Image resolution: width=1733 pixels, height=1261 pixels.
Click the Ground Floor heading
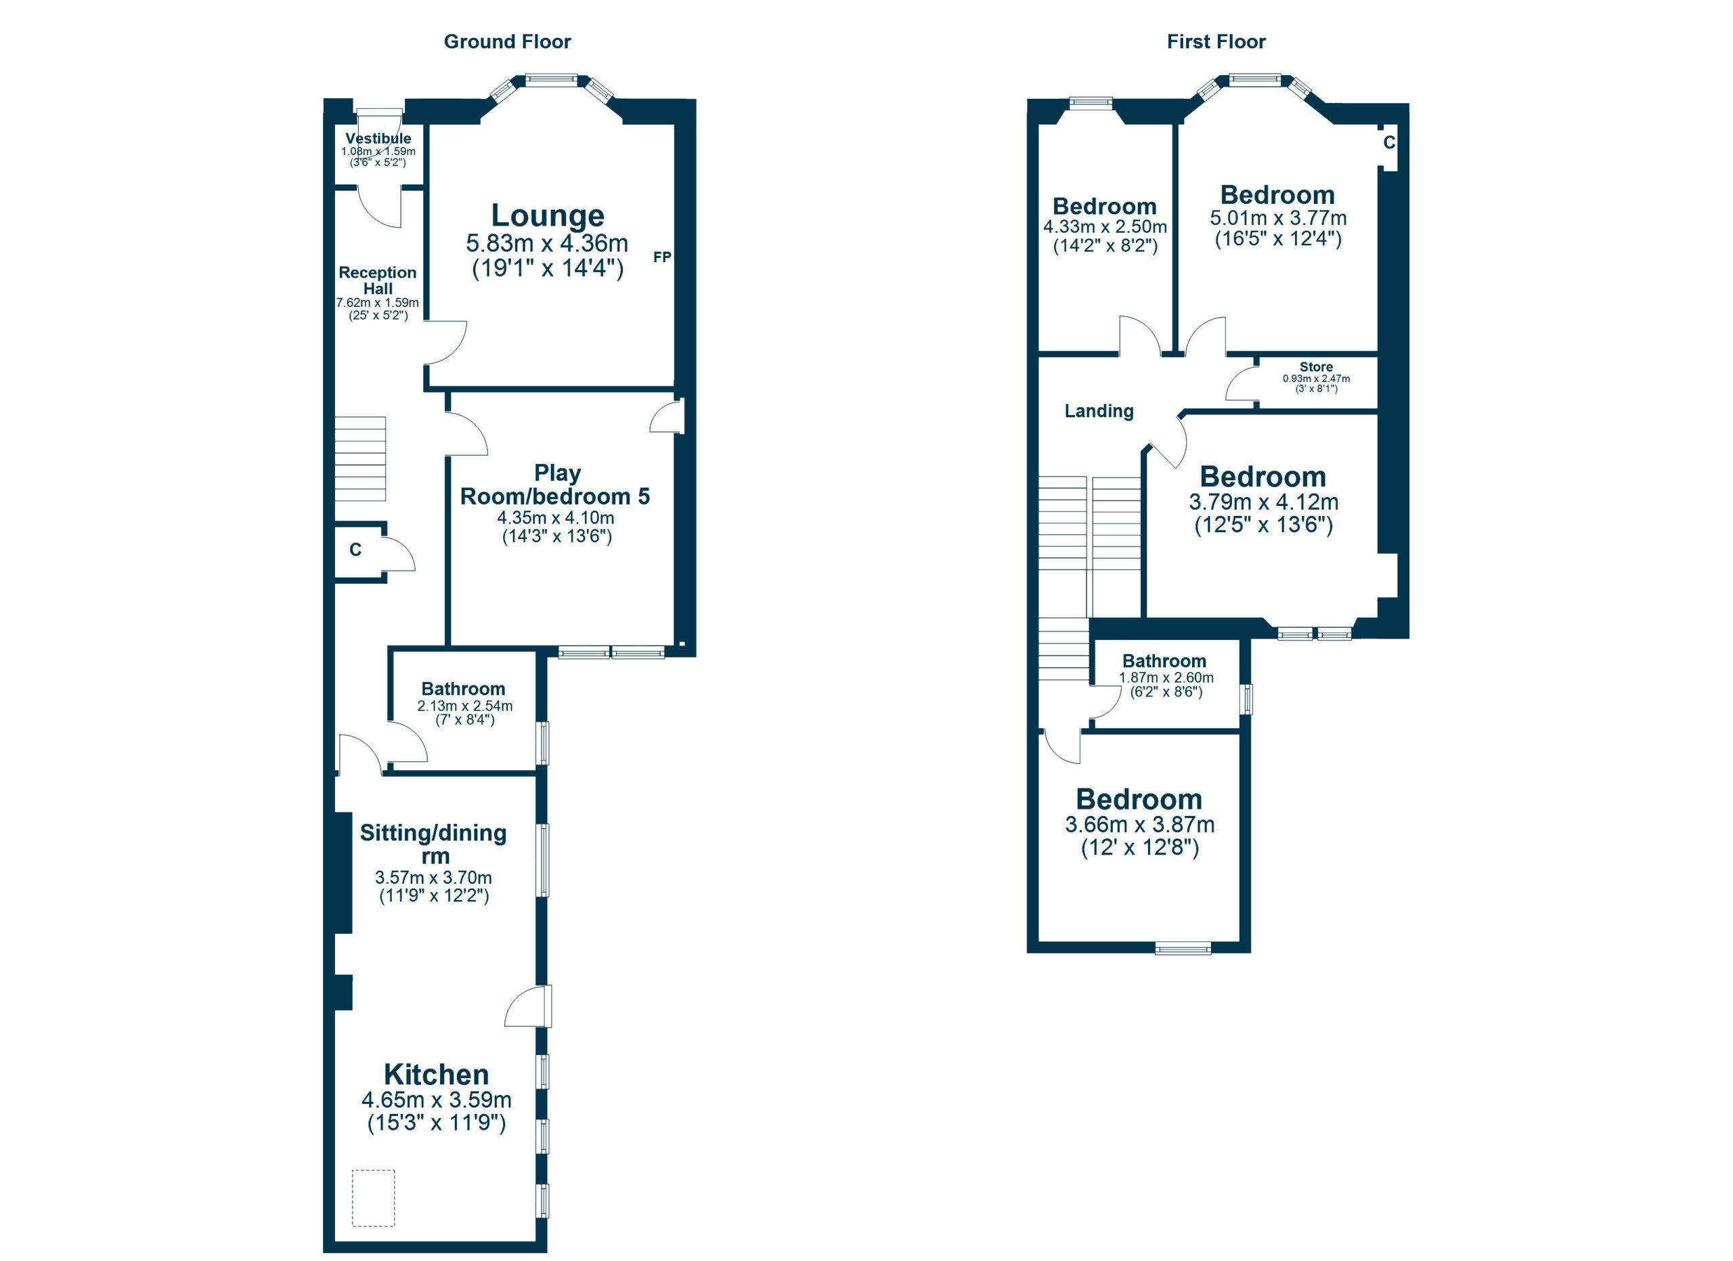tap(507, 42)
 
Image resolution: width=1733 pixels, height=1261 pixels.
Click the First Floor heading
tap(1216, 42)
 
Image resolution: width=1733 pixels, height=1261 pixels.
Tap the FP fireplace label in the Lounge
tap(661, 257)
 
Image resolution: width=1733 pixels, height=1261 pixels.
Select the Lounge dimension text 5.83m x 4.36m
tap(547, 244)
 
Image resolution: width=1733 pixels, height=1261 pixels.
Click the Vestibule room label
tap(378, 138)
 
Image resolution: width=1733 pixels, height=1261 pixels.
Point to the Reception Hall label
tap(378, 280)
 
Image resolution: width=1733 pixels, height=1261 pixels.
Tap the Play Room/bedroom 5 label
tap(556, 484)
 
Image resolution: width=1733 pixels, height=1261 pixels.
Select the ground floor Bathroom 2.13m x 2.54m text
tap(464, 706)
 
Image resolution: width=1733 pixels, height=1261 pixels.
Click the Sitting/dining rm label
tap(433, 844)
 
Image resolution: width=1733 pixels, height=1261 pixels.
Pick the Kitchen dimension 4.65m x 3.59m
tap(437, 1100)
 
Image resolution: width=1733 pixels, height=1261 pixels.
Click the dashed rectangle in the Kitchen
tap(374, 1197)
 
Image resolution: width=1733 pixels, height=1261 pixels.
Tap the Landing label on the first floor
tap(1099, 411)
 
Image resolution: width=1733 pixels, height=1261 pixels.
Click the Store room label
tap(1316, 367)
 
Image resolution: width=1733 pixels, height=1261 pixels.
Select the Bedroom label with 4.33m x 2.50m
tap(1104, 207)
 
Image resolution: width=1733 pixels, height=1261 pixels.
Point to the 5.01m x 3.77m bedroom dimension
tap(1277, 219)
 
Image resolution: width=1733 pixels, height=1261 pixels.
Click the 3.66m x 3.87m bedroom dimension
tap(1139, 825)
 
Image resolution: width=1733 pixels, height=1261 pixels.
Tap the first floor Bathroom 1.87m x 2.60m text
tap(1166, 678)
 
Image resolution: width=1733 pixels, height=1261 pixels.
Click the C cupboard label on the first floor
tap(1389, 143)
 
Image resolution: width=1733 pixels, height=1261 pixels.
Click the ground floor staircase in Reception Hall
tap(360, 458)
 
